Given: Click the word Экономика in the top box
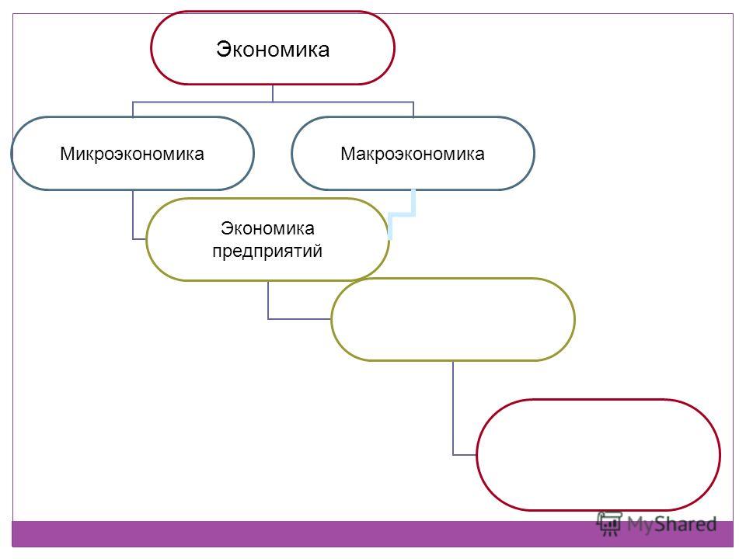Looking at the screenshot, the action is tap(273, 49).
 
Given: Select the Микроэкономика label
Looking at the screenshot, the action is tap(132, 154).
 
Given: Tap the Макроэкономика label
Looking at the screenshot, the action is tap(413, 154).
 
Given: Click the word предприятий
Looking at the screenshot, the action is tap(267, 251).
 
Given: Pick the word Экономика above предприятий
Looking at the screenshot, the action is tap(267, 228).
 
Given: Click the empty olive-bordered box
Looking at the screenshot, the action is tap(453, 279).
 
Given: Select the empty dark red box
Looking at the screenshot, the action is tap(598, 401).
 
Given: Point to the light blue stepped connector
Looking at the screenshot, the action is tap(402, 215).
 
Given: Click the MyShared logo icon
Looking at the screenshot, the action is tap(609, 523).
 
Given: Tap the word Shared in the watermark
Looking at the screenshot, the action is tap(686, 524).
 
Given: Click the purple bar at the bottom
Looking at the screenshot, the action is tap(372, 534).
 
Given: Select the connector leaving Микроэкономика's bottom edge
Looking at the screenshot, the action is tap(133, 215).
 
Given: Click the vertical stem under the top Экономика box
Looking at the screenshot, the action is tap(273, 93).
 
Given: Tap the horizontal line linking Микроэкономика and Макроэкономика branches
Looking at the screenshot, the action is tap(273, 102).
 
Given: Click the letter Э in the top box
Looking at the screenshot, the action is tap(223, 50).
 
